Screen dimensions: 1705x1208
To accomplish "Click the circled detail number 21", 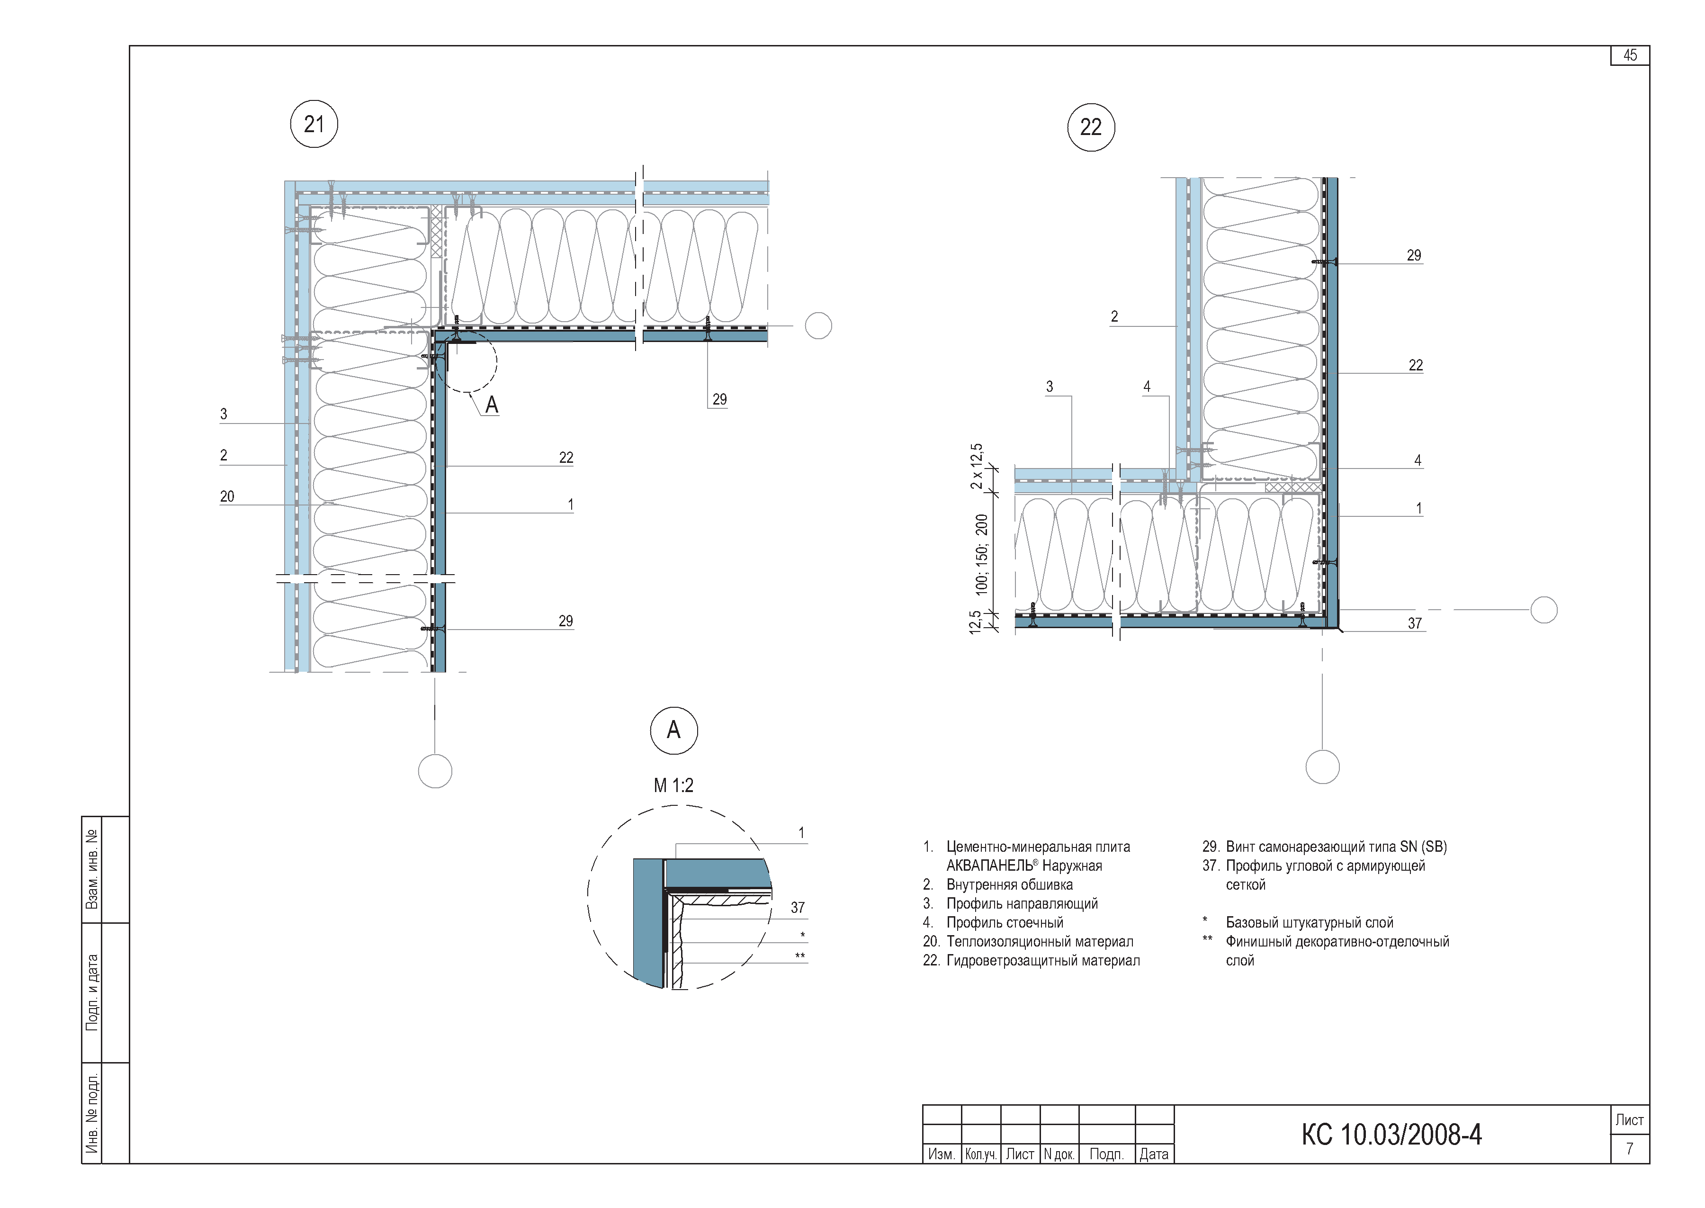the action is coord(314,124).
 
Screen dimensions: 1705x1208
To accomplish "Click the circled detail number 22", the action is coord(1091,127).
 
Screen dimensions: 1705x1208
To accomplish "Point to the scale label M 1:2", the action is coord(673,785).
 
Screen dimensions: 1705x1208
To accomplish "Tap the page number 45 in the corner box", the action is coord(1630,55).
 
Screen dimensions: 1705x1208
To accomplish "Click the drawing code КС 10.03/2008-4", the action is coord(1391,1135).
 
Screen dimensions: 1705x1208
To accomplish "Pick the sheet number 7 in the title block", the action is coord(1629,1148).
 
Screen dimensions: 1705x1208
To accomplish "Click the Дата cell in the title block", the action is coord(1154,1154).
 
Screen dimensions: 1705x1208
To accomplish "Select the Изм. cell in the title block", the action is coord(942,1154).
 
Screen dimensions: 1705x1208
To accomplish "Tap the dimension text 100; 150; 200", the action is coord(981,554).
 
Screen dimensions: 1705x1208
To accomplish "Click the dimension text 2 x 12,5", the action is coord(976,466).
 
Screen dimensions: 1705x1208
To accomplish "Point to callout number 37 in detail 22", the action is coord(1414,623).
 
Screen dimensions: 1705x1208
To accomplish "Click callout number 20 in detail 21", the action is coord(227,496).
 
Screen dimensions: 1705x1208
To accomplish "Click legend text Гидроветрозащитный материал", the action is coord(1042,960).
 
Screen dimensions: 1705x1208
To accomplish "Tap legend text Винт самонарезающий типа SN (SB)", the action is coord(1336,847).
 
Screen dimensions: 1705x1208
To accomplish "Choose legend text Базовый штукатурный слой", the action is coord(1310,922).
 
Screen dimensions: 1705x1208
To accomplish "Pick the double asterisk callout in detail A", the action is coord(800,956).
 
